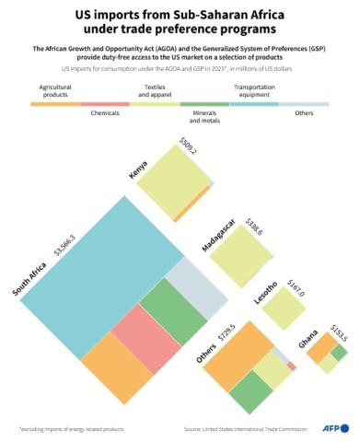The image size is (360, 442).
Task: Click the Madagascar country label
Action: pos(218,235)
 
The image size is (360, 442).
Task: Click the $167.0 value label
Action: pos(295,285)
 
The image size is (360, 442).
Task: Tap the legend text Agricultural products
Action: pos(53,91)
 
